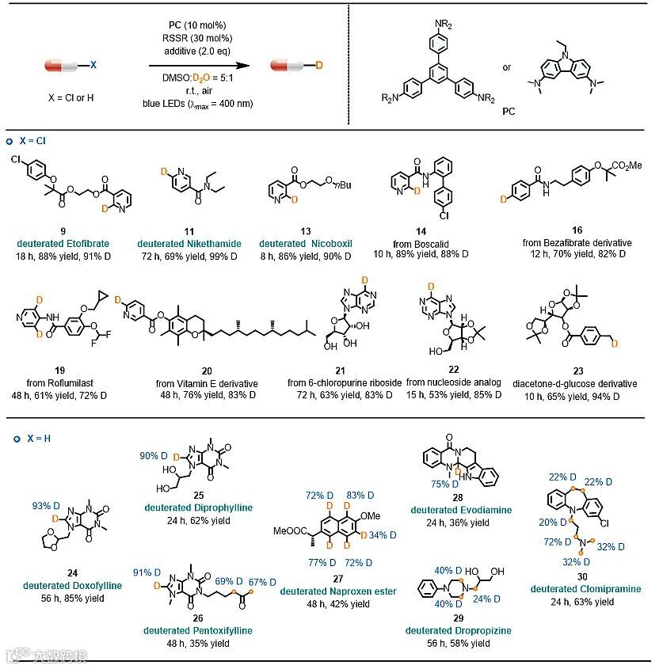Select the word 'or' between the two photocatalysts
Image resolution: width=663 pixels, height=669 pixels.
click(507, 67)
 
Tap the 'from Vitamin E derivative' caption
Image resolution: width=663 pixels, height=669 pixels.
click(207, 383)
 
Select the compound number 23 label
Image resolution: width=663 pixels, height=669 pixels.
click(573, 371)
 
